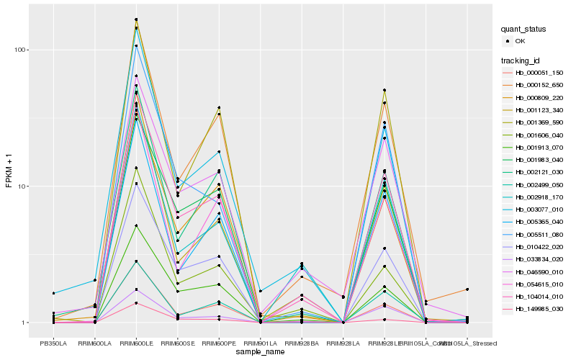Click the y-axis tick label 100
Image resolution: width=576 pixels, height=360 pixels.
pyautogui.click(x=21, y=50)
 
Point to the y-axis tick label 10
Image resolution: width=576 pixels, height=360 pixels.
pyautogui.click(x=23, y=186)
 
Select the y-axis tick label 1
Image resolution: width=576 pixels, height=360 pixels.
pyautogui.click(x=25, y=323)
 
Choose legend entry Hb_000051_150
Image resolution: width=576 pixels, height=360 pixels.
pyautogui.click(x=539, y=73)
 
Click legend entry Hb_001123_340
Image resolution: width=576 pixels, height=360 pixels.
pyautogui.click(x=539, y=110)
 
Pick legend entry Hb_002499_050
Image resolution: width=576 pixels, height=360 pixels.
pyautogui.click(x=539, y=184)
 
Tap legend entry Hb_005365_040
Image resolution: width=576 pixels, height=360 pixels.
pyautogui.click(x=539, y=222)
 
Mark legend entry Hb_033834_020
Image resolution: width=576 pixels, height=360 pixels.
pyautogui.click(x=539, y=259)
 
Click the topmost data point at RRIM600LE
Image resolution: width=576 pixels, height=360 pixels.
pyautogui.click(x=135, y=19)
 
